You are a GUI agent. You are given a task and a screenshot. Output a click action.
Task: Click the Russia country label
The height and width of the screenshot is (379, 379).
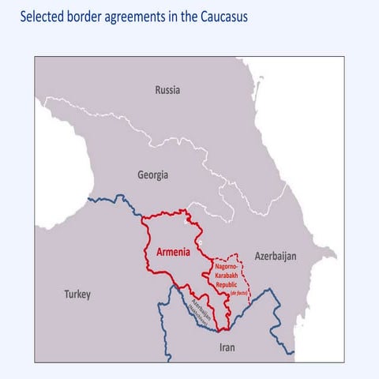167,90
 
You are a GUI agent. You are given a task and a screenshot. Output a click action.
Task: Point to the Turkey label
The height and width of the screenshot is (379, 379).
77,295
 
